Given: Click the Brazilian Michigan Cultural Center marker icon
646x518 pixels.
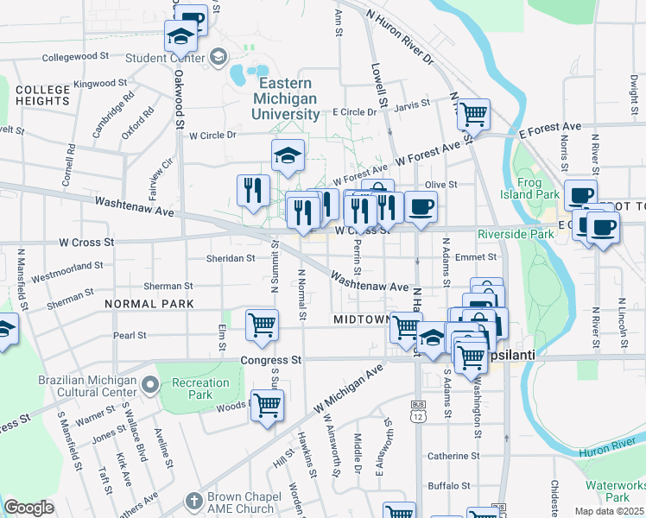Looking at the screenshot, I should tap(150, 382).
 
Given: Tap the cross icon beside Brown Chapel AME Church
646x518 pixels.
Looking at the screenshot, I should tap(193, 500).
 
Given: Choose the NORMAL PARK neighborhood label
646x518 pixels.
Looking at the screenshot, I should tap(148, 304).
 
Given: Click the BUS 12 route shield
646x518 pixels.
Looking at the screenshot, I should tap(420, 410).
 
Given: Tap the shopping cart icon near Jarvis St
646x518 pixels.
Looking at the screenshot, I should tap(473, 112).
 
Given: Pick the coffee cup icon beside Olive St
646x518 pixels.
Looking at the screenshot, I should tap(421, 207).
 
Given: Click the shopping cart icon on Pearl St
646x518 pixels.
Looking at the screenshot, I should tap(262, 325).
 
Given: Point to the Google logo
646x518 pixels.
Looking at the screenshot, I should tap(28, 508).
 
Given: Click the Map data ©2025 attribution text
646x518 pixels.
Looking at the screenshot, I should tap(609, 511).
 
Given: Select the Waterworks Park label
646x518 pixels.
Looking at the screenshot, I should tap(617, 491).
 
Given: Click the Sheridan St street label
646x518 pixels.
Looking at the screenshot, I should tap(230, 257).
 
